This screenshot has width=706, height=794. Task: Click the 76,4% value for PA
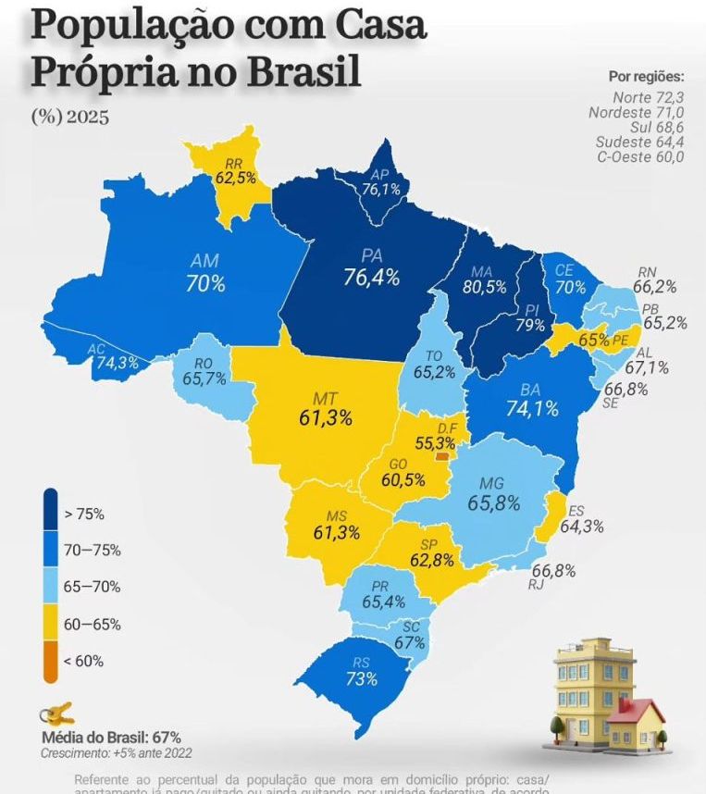pyautogui.click(x=371, y=277)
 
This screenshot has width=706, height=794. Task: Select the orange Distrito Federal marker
pyautogui.click(x=443, y=455)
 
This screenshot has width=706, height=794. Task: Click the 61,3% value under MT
pyautogui.click(x=327, y=417)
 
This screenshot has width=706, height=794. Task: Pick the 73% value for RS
pyautogui.click(x=362, y=678)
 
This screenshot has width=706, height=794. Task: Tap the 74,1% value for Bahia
pyautogui.click(x=531, y=406)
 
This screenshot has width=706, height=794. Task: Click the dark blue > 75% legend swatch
pyautogui.click(x=50, y=512)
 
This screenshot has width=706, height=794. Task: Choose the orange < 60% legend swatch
pyautogui.click(x=50, y=660)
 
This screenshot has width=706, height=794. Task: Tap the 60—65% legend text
pyautogui.click(x=92, y=624)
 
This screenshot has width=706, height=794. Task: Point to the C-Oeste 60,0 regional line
pyautogui.click(x=641, y=156)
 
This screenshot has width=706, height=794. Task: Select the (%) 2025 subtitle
pyautogui.click(x=70, y=118)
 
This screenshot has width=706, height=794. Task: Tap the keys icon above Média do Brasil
pyautogui.click(x=57, y=714)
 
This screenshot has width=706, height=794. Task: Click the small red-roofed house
pyautogui.click(x=638, y=720)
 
